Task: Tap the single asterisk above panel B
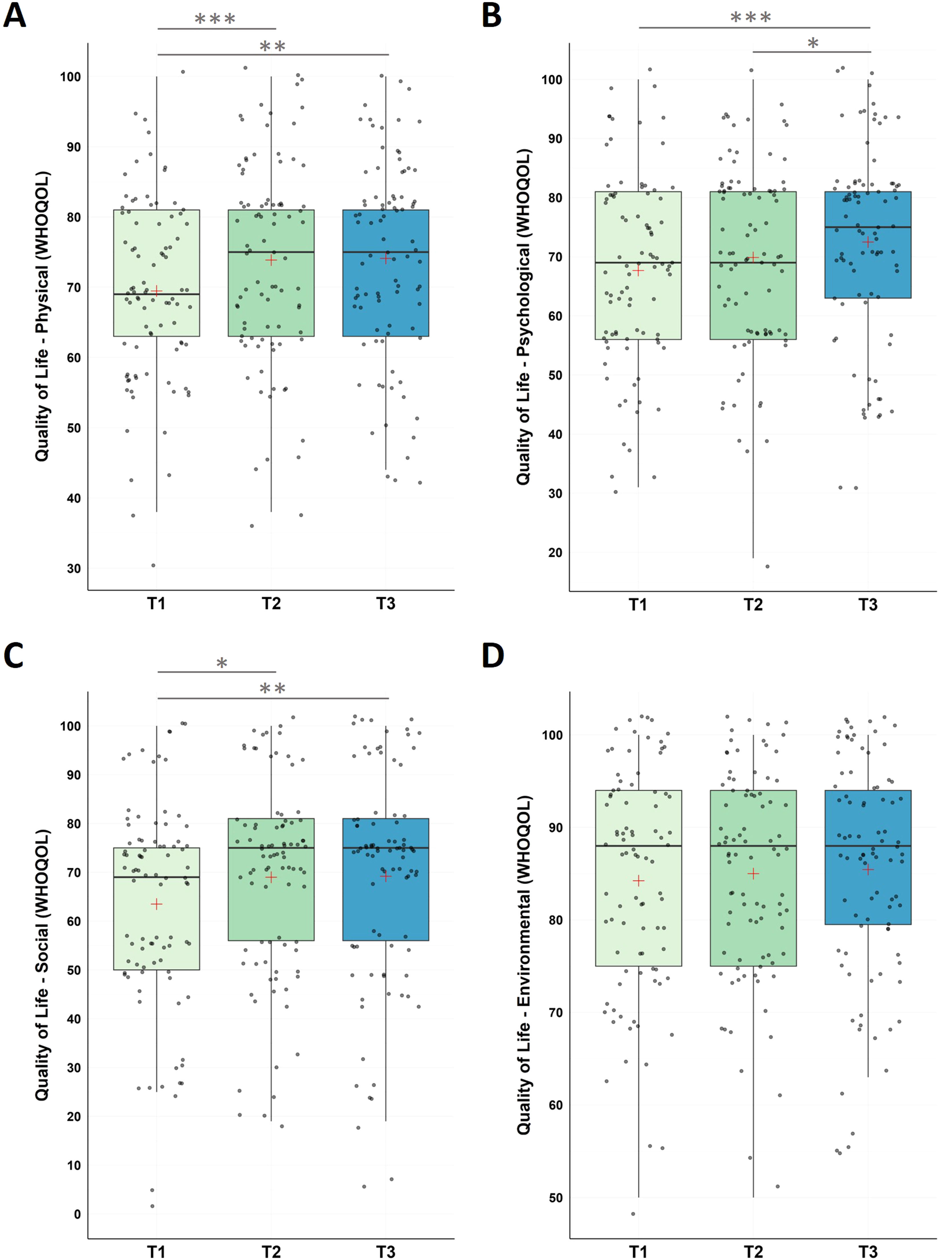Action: [813, 43]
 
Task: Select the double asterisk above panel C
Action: [272, 689]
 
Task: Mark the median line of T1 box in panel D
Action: [638, 846]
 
